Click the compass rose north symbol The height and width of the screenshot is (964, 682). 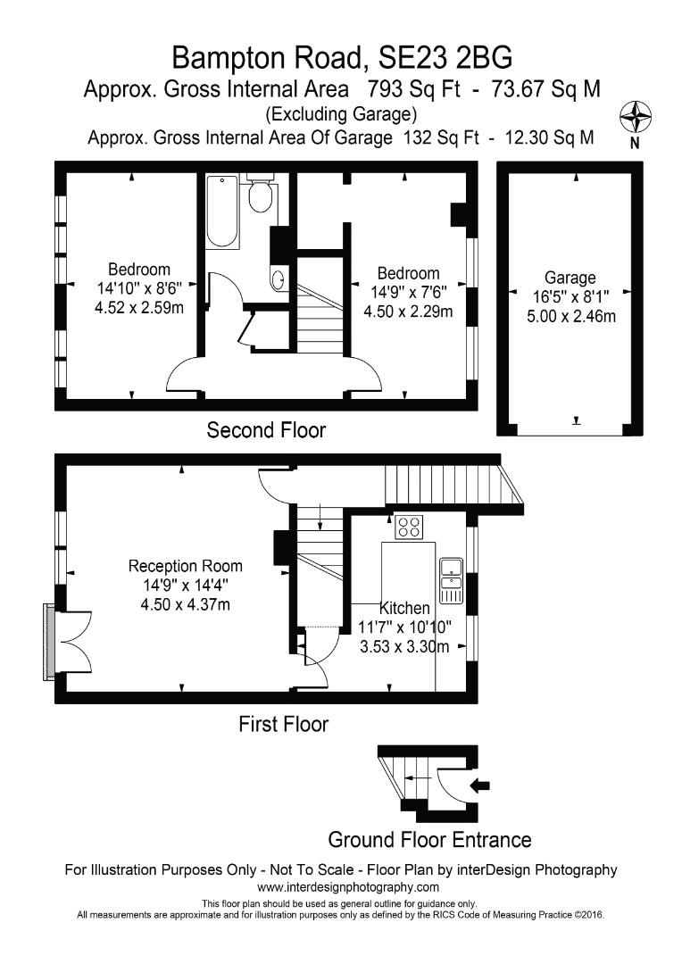[x=636, y=118]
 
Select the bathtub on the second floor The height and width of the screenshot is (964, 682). [x=222, y=212]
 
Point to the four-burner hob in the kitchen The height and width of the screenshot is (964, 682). [x=410, y=528]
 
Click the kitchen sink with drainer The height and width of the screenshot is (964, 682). [x=451, y=579]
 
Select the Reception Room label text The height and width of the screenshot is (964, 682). [x=185, y=566]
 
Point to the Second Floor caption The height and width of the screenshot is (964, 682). [x=266, y=430]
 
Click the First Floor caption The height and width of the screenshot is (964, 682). [x=283, y=724]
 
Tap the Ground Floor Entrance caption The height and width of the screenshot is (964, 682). [x=429, y=840]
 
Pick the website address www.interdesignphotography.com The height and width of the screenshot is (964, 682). [x=348, y=887]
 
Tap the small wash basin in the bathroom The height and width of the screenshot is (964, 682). [x=279, y=279]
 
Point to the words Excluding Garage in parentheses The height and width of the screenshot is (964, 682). [x=341, y=114]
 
